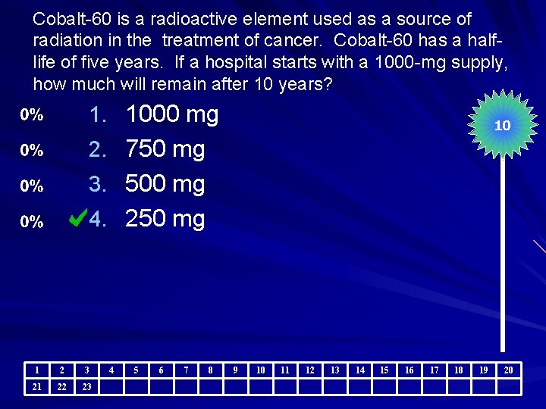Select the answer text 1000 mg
point(172,115)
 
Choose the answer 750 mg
point(165,149)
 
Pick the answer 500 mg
point(165,184)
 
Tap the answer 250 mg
point(165,219)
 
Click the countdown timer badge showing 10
point(502,126)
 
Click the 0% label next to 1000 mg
point(31,115)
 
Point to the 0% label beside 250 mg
point(31,222)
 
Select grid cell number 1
point(37,370)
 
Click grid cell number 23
point(87,387)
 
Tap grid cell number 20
point(508,370)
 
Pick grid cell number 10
point(261,370)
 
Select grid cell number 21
point(37,387)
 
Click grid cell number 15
point(384,370)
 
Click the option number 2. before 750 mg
point(98,149)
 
